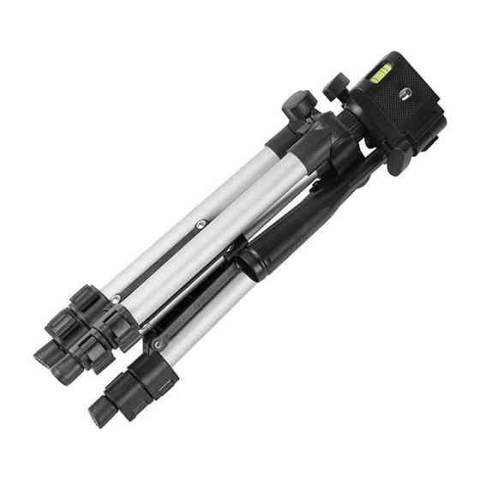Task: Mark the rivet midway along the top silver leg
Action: click(199, 222)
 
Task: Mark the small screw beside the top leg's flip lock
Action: click(116, 298)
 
